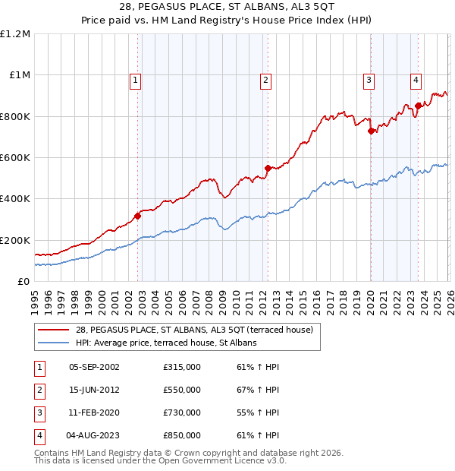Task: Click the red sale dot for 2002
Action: click(x=138, y=217)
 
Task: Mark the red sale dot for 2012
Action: click(x=268, y=168)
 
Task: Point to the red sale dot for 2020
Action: click(x=371, y=131)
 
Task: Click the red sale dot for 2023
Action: click(x=418, y=106)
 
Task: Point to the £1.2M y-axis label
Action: click(x=15, y=34)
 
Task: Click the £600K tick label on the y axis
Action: click(x=15, y=158)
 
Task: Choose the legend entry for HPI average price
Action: click(x=166, y=343)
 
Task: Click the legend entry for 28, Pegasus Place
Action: click(x=199, y=329)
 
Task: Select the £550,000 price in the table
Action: click(x=182, y=390)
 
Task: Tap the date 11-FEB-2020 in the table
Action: click(x=94, y=413)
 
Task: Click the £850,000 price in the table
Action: click(x=182, y=435)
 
